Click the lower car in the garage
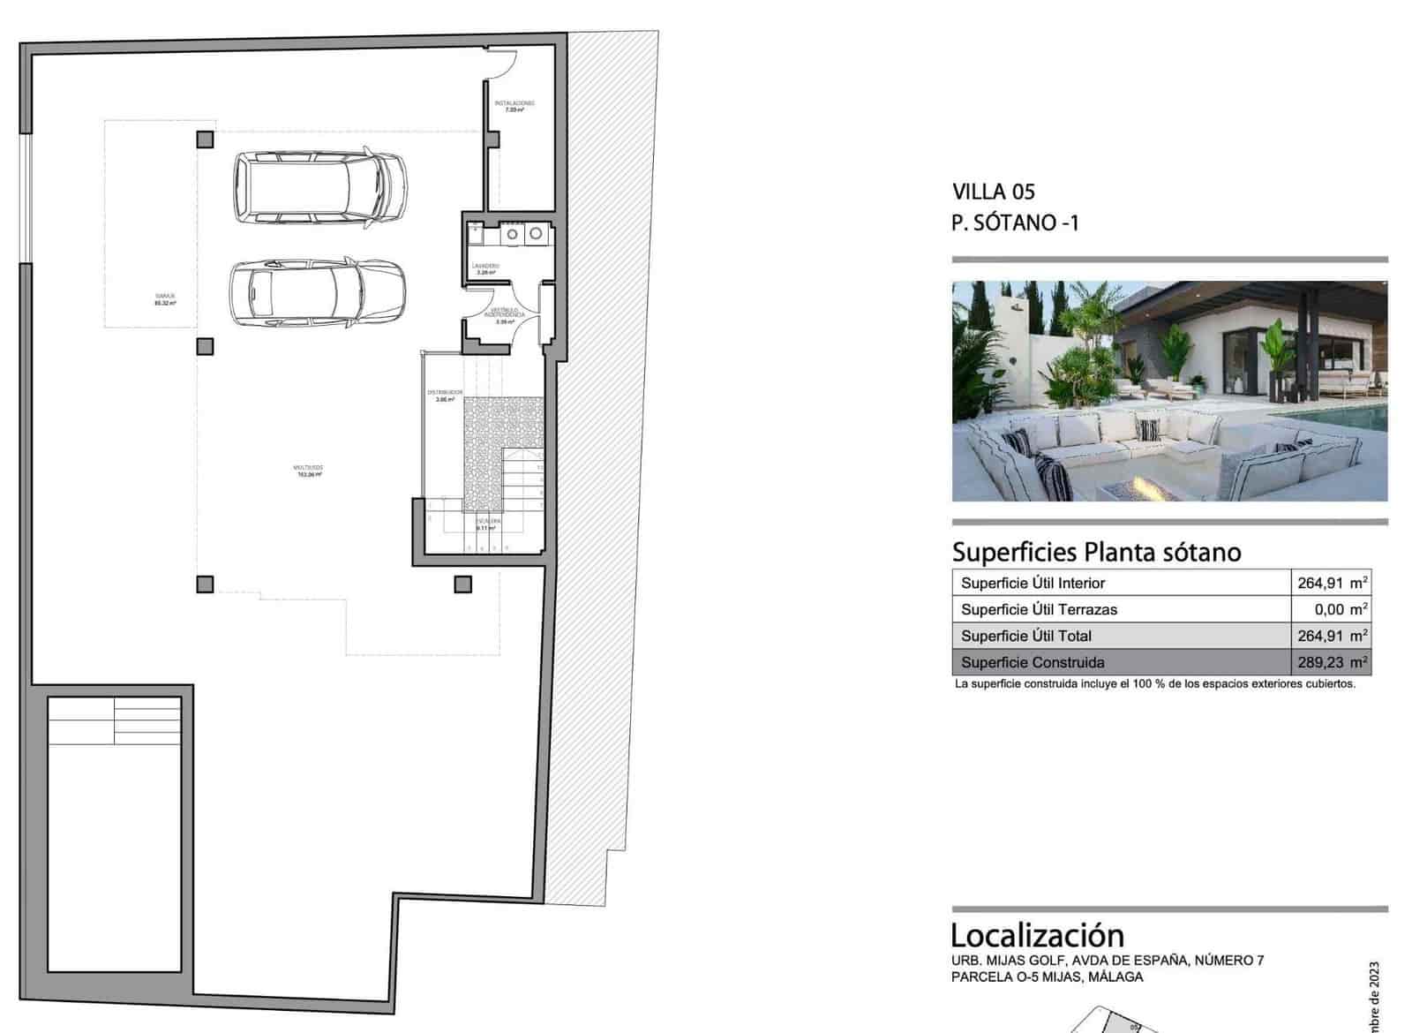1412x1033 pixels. (x=318, y=292)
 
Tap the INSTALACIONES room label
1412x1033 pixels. (x=514, y=106)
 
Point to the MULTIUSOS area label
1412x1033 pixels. (x=309, y=471)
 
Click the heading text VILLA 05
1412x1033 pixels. (x=993, y=192)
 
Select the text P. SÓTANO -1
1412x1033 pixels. (x=1014, y=222)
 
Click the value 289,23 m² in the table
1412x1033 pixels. (x=1332, y=662)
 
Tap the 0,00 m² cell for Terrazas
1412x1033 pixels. (x=1341, y=609)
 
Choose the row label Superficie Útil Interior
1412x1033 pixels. (x=1033, y=583)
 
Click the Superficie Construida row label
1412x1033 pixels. (x=1033, y=662)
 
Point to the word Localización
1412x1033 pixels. (x=1037, y=935)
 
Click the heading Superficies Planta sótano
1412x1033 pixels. (x=1096, y=552)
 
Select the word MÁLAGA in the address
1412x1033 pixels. (x=1115, y=976)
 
